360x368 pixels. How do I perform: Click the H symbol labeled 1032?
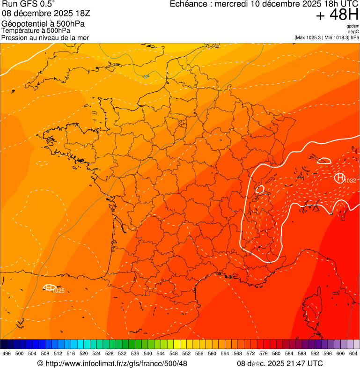339,178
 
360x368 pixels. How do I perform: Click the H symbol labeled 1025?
49,287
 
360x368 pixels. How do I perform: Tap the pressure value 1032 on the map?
350,181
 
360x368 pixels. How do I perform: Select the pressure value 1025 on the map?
59,291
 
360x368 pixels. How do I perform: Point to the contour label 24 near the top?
147,76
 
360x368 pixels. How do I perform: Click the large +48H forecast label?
337,15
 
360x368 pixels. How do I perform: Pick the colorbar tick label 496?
7,353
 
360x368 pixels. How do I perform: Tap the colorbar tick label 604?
353,353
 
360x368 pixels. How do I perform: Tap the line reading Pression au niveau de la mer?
45,37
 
